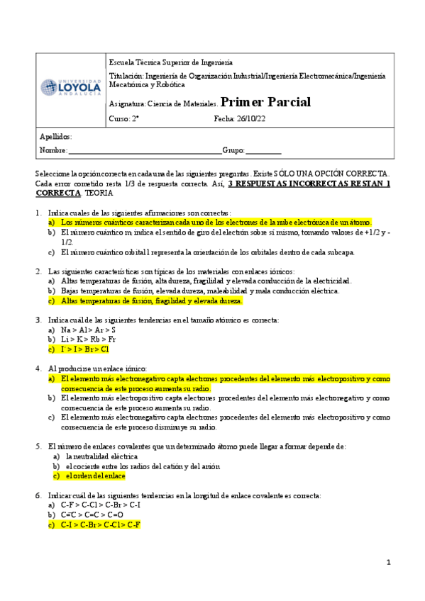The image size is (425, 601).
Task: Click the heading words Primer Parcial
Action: pos(265,102)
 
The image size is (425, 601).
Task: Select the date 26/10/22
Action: pos(252,119)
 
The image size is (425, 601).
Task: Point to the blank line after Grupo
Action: pos(263,151)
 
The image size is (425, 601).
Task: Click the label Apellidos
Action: pos(56,137)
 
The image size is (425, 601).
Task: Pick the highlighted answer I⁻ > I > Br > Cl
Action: pos(85,349)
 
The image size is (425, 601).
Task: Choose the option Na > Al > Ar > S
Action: pos(88,330)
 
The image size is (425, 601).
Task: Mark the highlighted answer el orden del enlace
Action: pos(96,476)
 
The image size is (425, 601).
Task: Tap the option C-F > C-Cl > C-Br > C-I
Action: pos(101,505)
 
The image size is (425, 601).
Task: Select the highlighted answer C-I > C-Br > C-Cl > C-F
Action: pos(101,524)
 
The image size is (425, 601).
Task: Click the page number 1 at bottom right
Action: pos(389,562)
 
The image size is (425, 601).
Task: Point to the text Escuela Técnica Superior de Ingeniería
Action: pos(170,62)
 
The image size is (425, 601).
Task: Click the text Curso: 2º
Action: pos(124,119)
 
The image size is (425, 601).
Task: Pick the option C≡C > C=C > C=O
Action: pos(92,515)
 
